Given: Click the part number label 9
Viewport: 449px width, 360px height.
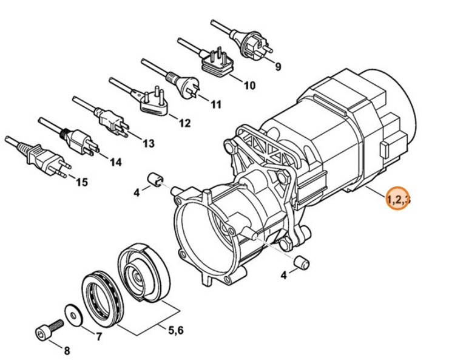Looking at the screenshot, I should coord(279,67).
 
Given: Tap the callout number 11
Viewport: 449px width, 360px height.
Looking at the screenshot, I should coord(216,104).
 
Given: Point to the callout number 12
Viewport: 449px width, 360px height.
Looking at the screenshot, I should coord(184,124).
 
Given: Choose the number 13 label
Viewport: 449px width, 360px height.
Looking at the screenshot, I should coord(148,143).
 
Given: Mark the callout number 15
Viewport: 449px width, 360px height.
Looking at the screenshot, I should coord(81,182).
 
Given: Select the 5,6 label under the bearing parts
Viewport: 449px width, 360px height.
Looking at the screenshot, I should coord(175,330).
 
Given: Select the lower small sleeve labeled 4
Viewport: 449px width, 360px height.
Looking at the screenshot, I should coord(301,263).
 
